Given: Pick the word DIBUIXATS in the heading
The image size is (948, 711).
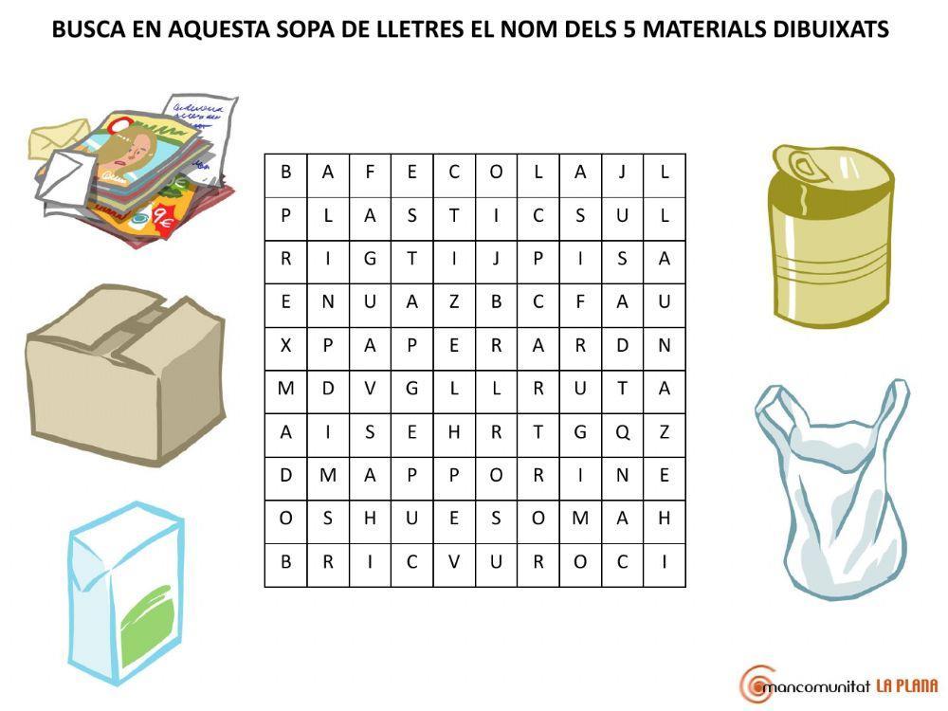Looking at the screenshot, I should tap(834, 29).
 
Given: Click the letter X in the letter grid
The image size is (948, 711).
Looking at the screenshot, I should tap(285, 345).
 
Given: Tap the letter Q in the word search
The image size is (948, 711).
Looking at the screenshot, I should tap(622, 431).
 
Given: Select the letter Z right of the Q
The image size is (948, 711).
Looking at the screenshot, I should tap(665, 431).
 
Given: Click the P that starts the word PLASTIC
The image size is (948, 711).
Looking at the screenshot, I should tap(285, 215).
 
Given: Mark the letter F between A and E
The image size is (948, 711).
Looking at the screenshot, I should tap(370, 172).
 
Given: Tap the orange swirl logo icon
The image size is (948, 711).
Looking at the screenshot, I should tap(757, 683).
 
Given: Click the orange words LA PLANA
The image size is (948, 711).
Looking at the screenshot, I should tap(905, 685).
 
